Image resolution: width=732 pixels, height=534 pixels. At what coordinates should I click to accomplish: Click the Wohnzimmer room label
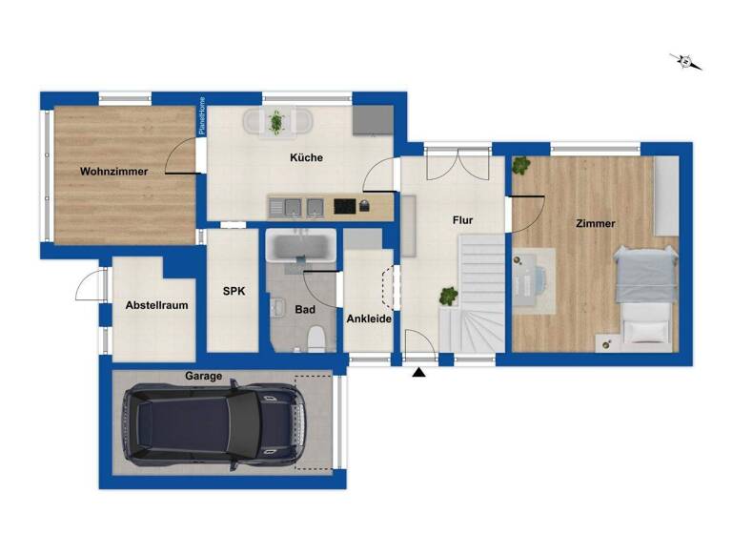point(113,172)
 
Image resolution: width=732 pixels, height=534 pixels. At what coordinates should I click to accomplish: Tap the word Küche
point(306,157)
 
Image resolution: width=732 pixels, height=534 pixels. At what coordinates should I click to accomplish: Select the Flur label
point(462,220)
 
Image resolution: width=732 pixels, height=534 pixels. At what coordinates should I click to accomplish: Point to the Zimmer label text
point(595,223)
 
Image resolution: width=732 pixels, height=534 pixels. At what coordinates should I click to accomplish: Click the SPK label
point(234,292)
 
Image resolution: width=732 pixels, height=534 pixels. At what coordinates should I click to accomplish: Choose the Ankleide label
point(368,319)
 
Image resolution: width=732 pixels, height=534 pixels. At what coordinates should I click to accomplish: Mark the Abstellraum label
point(156,305)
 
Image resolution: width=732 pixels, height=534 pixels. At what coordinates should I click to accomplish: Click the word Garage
point(204,377)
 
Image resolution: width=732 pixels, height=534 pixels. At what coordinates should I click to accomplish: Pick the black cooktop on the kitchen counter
point(344,205)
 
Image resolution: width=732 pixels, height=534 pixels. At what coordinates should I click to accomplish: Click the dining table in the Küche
point(276,122)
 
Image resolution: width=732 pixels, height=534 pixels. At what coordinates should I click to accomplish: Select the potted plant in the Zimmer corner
point(520,166)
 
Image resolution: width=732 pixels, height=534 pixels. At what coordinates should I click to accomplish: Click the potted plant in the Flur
point(446,297)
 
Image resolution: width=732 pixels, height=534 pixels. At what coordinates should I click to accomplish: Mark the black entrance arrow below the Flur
point(418,373)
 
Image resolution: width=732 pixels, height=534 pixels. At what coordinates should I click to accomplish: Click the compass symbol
point(685,62)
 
